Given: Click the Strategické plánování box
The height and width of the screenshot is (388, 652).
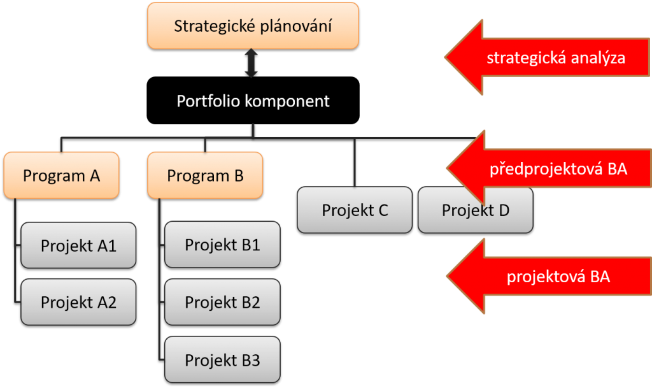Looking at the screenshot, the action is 253,25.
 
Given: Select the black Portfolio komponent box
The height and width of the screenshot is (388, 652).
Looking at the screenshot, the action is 253,100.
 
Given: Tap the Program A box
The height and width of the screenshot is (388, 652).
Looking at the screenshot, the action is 62,175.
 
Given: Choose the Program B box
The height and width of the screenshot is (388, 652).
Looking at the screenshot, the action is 205,175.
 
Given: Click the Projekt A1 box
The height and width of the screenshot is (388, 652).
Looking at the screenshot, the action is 78,245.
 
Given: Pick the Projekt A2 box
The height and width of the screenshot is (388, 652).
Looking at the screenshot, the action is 78,302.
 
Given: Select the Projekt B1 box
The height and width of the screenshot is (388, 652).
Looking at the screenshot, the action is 222,245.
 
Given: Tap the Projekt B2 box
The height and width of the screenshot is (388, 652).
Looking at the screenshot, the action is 222,302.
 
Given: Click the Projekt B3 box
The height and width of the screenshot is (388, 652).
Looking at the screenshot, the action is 222,360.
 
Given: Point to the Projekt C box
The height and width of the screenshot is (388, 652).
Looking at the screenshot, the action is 355,210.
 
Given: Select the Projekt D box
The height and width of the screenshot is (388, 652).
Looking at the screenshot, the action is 475,210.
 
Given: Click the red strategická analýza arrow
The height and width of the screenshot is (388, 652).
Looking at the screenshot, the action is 547,57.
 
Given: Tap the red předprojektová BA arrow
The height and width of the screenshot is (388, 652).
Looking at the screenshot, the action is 549,168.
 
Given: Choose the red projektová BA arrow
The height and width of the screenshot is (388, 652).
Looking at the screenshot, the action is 549,276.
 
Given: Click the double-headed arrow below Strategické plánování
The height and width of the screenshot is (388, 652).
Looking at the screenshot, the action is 251,63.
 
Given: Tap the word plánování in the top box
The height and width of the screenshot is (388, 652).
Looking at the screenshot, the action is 295,26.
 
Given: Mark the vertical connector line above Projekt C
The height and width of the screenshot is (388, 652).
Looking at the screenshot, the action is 355,162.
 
